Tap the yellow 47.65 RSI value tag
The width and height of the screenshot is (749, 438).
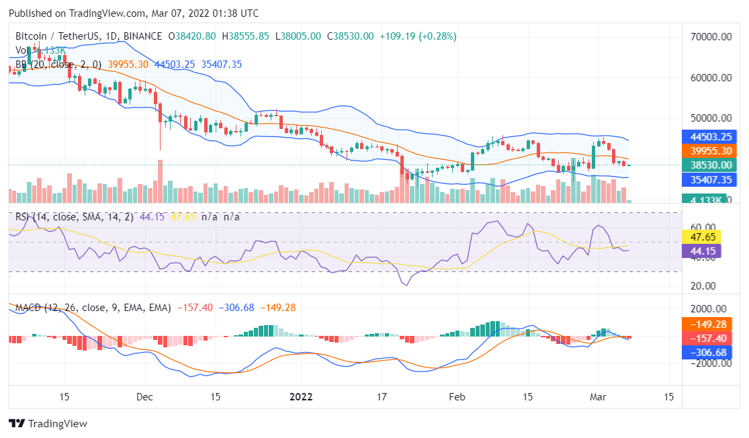click(x=702, y=237)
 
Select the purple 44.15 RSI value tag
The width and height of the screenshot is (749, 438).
click(x=702, y=251)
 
